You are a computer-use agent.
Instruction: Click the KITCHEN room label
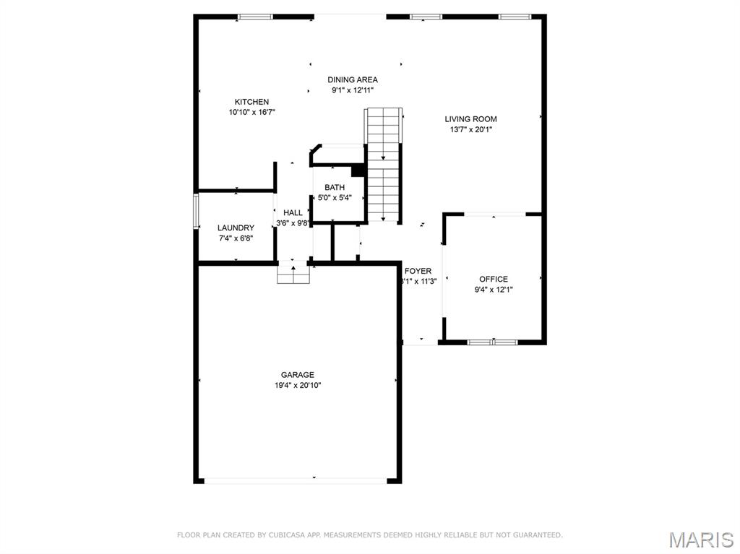point(251,102)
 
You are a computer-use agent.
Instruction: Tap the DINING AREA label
point(353,80)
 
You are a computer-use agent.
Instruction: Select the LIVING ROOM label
point(470,119)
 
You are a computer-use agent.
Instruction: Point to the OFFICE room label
point(494,279)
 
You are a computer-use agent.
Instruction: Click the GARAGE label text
point(298,375)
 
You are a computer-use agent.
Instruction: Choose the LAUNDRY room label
point(236,228)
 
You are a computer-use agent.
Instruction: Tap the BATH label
point(335,188)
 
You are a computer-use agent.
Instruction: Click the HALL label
point(293,213)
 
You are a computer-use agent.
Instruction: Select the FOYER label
point(418,271)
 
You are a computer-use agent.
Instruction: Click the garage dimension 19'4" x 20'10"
point(298,386)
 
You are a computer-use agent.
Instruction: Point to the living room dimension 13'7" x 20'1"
point(470,130)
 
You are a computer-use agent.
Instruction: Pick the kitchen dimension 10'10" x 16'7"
point(251,113)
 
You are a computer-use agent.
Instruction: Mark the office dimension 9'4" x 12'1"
point(494,290)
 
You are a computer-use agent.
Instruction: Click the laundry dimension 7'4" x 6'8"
point(236,238)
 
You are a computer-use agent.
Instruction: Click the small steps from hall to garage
point(293,274)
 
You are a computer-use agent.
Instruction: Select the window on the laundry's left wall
point(195,211)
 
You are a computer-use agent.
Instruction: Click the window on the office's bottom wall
point(493,342)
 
